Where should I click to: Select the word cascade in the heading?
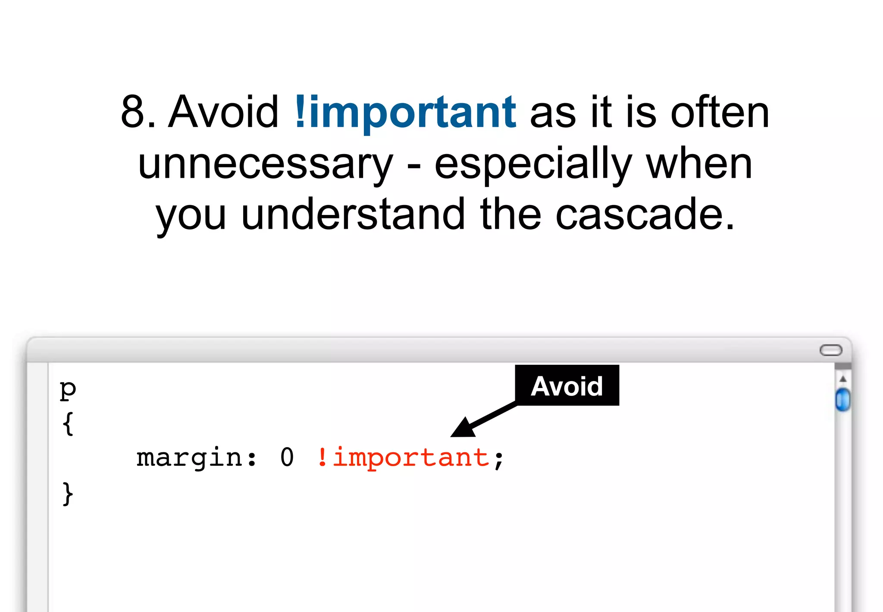pyautogui.click(x=645, y=215)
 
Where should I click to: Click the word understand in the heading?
pyautogui.click(x=353, y=215)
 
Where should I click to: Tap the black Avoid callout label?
pyautogui.click(x=567, y=385)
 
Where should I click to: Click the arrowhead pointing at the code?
pyautogui.click(x=463, y=429)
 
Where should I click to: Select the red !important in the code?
pyautogui.click(x=403, y=457)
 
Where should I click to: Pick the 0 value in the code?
pyautogui.click(x=287, y=457)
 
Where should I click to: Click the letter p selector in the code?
pyautogui.click(x=68, y=390)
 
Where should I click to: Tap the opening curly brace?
pyautogui.click(x=68, y=424)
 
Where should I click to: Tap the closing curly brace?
pyautogui.click(x=68, y=493)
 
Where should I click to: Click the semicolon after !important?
pyautogui.click(x=499, y=459)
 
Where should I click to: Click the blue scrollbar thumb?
pyautogui.click(x=842, y=400)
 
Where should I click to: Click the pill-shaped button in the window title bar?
pyautogui.click(x=830, y=350)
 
